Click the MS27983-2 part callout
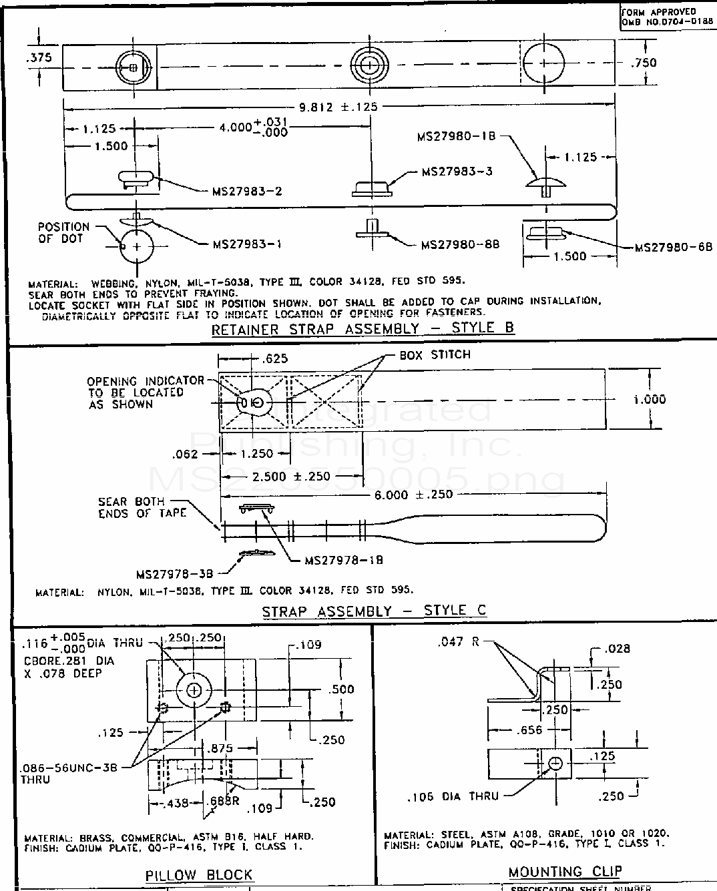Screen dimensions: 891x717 (247, 192)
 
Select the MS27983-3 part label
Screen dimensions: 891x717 (457, 172)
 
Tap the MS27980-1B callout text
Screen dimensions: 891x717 (457, 137)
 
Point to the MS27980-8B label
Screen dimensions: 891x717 (460, 244)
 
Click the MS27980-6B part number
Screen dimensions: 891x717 (673, 247)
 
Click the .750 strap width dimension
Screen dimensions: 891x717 (643, 63)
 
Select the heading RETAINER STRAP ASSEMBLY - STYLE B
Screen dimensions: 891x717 (363, 328)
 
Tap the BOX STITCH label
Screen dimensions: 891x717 (435, 354)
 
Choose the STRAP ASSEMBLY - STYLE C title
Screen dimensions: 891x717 (374, 611)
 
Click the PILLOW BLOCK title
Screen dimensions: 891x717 (199, 874)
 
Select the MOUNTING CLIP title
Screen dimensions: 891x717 (565, 871)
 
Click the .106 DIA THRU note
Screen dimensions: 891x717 (453, 796)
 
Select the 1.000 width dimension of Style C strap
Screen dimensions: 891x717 (649, 399)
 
